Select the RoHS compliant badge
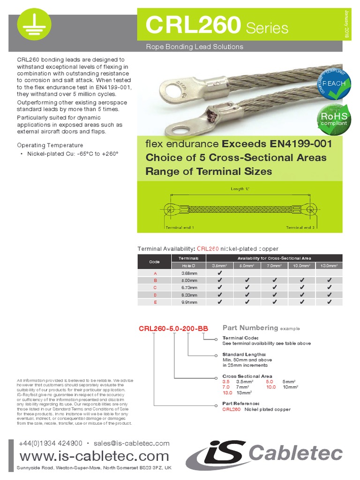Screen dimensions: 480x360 click(x=334, y=118)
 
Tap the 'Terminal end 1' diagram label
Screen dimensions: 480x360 click(x=180, y=227)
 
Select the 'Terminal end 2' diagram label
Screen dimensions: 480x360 click(x=300, y=227)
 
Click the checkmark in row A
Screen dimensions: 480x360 click(x=219, y=272)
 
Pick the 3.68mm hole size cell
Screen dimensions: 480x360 click(x=189, y=272)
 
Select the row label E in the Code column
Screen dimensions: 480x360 click(x=155, y=302)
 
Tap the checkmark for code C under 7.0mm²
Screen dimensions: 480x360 click(x=274, y=287)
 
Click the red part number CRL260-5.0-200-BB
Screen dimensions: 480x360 click(x=173, y=329)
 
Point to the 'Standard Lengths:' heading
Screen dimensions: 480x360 click(x=244, y=354)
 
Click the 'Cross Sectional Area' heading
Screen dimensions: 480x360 click(x=247, y=376)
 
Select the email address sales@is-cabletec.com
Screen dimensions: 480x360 click(x=131, y=443)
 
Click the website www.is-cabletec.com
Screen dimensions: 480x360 click(x=94, y=456)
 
